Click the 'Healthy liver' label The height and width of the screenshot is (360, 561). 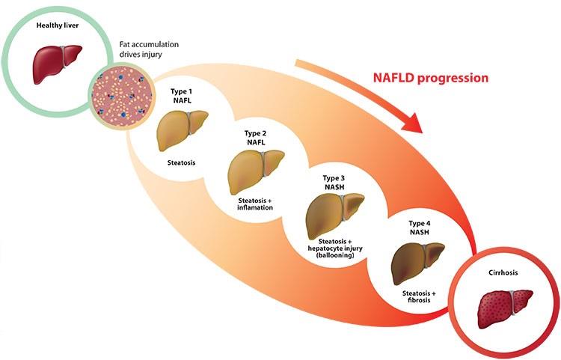pos(58,25)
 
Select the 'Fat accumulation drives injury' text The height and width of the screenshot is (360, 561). pos(149,49)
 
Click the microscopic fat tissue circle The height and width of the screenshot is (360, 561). pos(122,96)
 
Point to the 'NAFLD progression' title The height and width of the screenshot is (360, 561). pos(431,78)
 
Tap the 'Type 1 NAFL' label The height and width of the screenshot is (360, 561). pos(182,96)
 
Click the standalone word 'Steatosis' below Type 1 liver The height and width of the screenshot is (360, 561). pos(182,163)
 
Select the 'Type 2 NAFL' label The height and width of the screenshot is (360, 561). pos(256,138)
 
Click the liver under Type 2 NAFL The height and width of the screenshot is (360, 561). pos(256,172)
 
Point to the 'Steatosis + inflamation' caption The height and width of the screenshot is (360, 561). pos(255,204)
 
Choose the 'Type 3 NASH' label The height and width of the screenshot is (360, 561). pos(334,183)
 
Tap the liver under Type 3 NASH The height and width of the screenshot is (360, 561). pos(335,216)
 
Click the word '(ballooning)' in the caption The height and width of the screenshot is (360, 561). pos(335,255)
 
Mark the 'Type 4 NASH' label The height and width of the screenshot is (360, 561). pos(420,228)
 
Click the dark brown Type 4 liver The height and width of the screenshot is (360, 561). pos(418,263)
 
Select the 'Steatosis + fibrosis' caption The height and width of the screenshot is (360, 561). pos(419,296)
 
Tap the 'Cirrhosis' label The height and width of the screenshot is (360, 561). pos(503,272)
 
